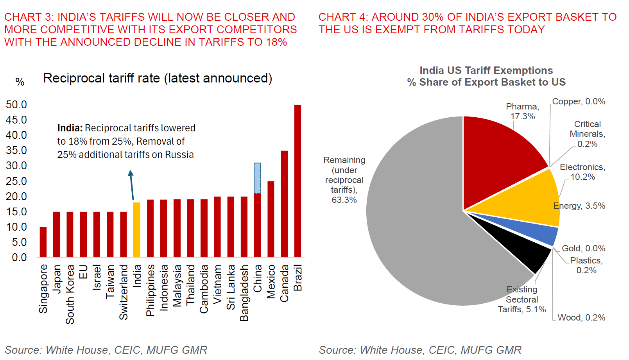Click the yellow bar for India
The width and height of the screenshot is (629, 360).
coord(137,230)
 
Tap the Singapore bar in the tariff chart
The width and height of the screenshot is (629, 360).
coord(43,242)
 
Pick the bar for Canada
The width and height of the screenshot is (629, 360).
coord(284,204)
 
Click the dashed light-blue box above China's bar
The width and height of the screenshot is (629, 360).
coord(257,178)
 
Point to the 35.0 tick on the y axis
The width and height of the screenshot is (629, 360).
coord(16,150)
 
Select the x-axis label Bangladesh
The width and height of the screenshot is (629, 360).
coord(244,293)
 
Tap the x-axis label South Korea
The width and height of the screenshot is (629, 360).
coord(70,294)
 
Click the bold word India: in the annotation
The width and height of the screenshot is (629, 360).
coord(70,128)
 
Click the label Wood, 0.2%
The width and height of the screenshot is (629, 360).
coord(581,317)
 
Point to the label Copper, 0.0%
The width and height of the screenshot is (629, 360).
coord(579,102)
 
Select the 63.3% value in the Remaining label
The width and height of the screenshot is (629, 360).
coord(344,200)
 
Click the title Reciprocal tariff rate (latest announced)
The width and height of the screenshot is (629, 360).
coord(158,78)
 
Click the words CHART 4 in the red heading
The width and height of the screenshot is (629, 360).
coord(342,17)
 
